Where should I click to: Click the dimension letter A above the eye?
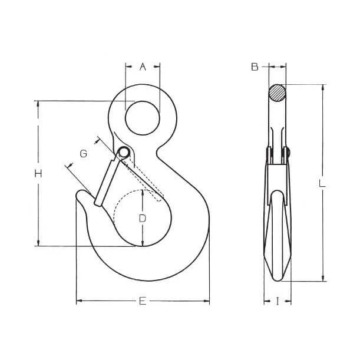[143, 67]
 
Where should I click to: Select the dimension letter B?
[255, 67]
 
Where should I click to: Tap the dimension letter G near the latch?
[83, 154]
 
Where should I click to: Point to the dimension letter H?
[38, 174]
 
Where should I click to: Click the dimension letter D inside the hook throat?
[143, 219]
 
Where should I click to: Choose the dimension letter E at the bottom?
[143, 301]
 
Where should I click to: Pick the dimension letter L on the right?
[322, 183]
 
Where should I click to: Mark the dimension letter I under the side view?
[278, 301]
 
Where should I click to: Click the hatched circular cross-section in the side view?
[278, 93]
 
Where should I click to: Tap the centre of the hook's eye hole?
[143, 118]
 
